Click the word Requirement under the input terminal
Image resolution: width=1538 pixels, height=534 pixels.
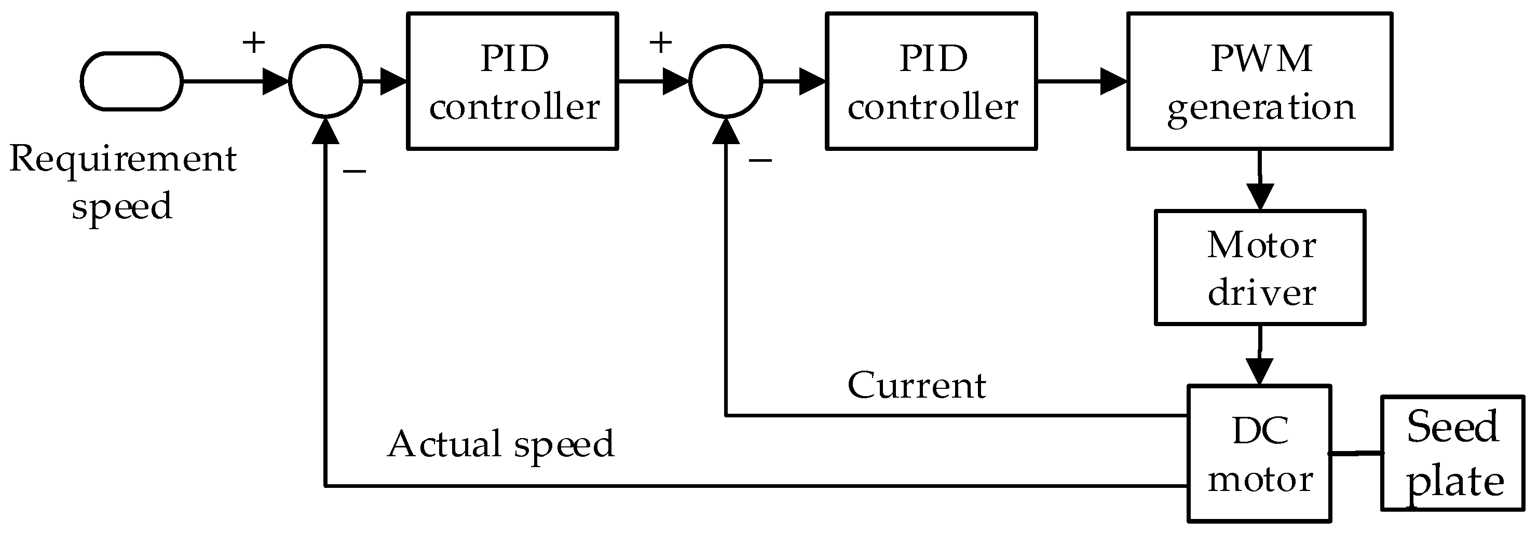click(123, 159)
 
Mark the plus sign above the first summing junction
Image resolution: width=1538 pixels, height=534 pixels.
click(253, 43)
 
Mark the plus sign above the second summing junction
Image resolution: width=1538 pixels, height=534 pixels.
click(660, 43)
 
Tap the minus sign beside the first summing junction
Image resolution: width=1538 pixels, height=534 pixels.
click(354, 172)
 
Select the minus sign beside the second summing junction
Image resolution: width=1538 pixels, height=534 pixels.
click(760, 160)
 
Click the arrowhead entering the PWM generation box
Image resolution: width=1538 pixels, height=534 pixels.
click(1113, 81)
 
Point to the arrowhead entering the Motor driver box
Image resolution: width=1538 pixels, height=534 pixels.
click(1260, 196)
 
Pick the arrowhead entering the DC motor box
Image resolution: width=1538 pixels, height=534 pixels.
click(1260, 372)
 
